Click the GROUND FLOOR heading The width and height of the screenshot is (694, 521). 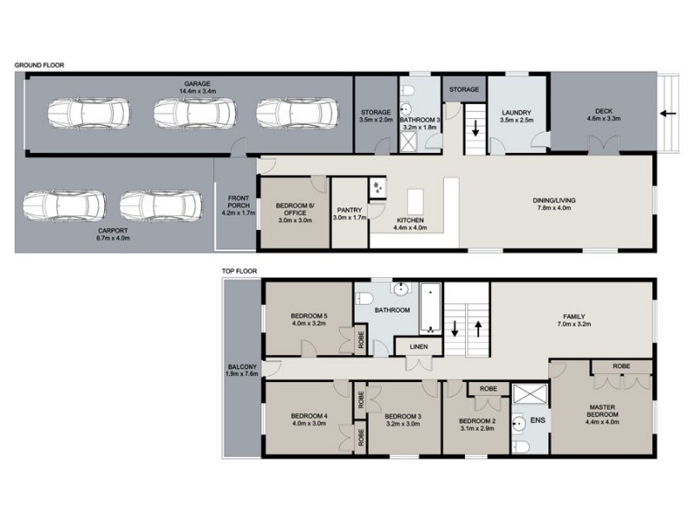39,65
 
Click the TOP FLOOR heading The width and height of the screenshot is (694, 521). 240,271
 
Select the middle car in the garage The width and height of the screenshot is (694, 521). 187,113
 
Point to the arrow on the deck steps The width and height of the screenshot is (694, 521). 666,113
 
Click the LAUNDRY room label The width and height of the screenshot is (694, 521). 517,113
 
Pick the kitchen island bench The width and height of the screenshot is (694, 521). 415,201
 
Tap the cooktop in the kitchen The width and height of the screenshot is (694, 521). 378,188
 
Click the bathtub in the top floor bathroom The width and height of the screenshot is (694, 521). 430,310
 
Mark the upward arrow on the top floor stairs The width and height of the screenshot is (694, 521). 477,329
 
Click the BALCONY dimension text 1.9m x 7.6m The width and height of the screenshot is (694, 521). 242,373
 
